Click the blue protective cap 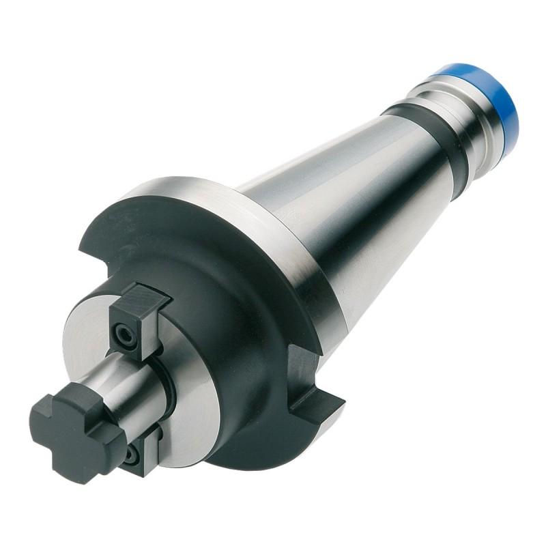pos(490,102)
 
